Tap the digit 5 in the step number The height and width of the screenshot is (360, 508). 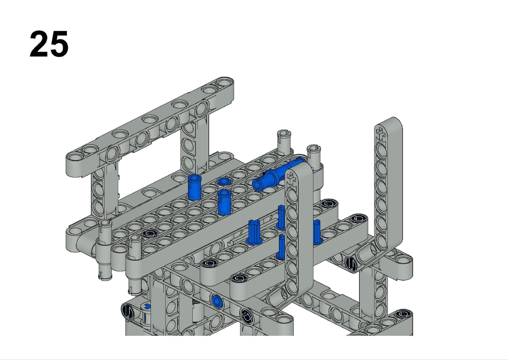point(59,44)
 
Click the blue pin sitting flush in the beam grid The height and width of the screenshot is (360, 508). point(224,181)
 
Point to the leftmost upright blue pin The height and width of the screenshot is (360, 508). point(194,187)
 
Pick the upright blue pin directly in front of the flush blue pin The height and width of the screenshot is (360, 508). point(224,202)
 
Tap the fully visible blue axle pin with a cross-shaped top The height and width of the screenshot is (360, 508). point(254,232)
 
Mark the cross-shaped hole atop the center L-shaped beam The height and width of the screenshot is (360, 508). point(291,179)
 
